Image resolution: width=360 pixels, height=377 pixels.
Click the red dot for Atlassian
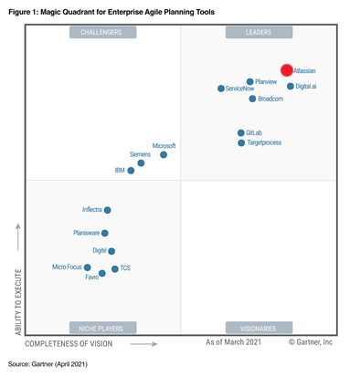[x=286, y=70]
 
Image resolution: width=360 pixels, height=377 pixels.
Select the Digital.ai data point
[x=291, y=87]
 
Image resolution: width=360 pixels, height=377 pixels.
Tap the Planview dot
[x=250, y=82]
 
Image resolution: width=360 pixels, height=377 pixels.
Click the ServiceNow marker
[x=220, y=89]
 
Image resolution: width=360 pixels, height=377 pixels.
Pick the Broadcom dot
[x=253, y=99]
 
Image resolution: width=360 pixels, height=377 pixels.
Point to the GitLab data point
[x=240, y=133]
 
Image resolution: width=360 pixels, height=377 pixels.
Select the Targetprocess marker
[x=241, y=143]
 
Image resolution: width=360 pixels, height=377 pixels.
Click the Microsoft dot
[x=164, y=155]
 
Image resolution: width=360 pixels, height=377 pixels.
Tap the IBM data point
[x=132, y=171]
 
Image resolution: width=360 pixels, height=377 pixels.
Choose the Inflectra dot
[x=107, y=210]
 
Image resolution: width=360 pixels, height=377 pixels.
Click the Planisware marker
[x=105, y=234]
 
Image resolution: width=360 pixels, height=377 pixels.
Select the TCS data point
[x=114, y=269]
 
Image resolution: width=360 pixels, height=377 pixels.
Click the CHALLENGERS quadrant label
[x=103, y=33]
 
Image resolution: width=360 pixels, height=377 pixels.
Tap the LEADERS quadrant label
[x=259, y=33]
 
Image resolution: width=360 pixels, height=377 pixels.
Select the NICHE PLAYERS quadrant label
[x=103, y=327]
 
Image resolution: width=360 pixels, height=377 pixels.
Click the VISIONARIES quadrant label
[x=259, y=327]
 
